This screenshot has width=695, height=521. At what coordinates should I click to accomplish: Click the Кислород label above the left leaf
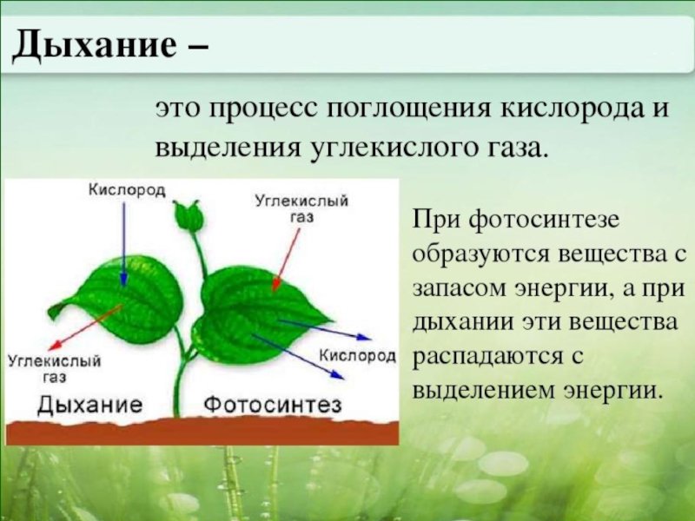pyautogui.click(x=127, y=190)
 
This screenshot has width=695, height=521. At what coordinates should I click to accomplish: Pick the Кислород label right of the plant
pyautogui.click(x=357, y=355)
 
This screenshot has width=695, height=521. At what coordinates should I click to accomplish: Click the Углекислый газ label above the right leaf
pyautogui.click(x=301, y=209)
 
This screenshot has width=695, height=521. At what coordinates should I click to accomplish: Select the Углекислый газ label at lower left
pyautogui.click(x=54, y=368)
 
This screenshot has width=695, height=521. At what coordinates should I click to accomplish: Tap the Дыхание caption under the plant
pyautogui.click(x=90, y=405)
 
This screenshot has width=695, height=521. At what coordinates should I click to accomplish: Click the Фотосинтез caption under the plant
pyautogui.click(x=272, y=405)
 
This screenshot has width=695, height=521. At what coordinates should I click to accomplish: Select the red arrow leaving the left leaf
pyautogui.click(x=85, y=327)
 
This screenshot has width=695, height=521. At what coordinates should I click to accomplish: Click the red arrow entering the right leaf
pyautogui.click(x=286, y=260)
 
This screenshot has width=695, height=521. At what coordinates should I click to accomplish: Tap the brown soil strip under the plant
pyautogui.click(x=202, y=432)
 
